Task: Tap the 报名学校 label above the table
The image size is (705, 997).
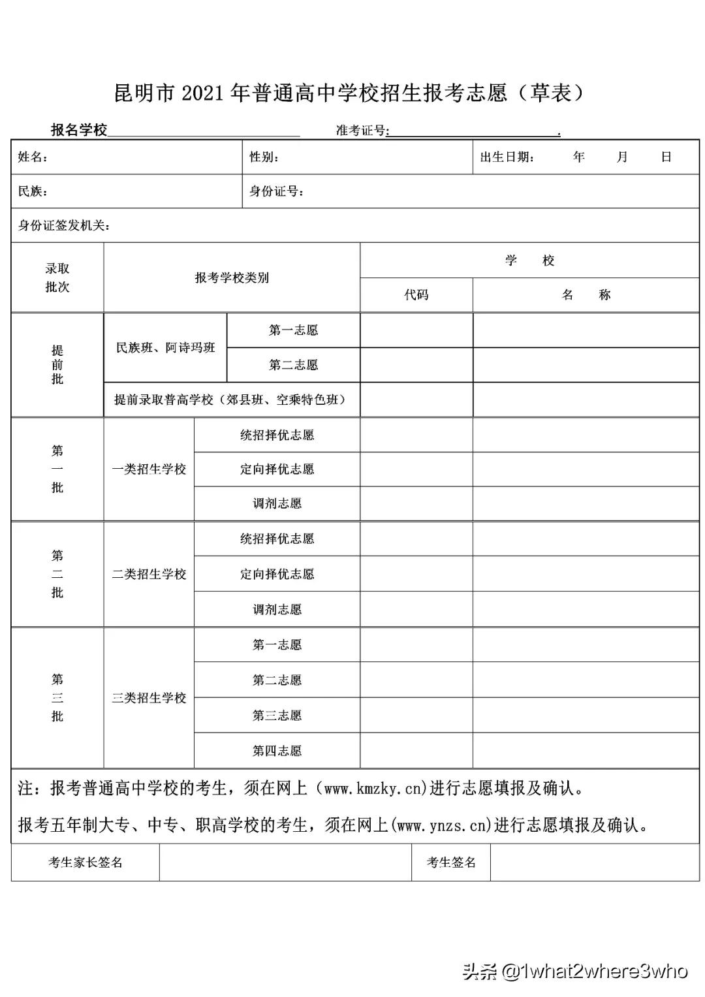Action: [79, 130]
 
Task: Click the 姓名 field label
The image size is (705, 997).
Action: [33, 157]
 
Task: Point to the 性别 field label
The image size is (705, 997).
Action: [264, 157]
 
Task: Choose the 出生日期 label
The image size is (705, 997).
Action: [507, 157]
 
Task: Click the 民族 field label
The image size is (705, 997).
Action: [33, 192]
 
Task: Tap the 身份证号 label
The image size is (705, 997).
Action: [276, 192]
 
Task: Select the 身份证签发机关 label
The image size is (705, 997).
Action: [64, 226]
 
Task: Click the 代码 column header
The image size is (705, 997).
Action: [416, 295]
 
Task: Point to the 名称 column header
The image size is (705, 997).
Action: [586, 295]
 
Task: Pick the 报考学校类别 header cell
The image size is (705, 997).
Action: [232, 277]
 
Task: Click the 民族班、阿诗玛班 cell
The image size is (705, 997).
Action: [165, 348]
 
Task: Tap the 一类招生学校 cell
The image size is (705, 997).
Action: [149, 469]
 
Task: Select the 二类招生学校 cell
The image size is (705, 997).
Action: [149, 575]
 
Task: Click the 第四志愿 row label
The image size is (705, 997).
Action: [277, 751]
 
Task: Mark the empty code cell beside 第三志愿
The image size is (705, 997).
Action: [416, 716]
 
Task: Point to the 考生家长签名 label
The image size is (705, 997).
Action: [86, 862]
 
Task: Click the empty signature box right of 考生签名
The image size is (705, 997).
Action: [594, 862]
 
